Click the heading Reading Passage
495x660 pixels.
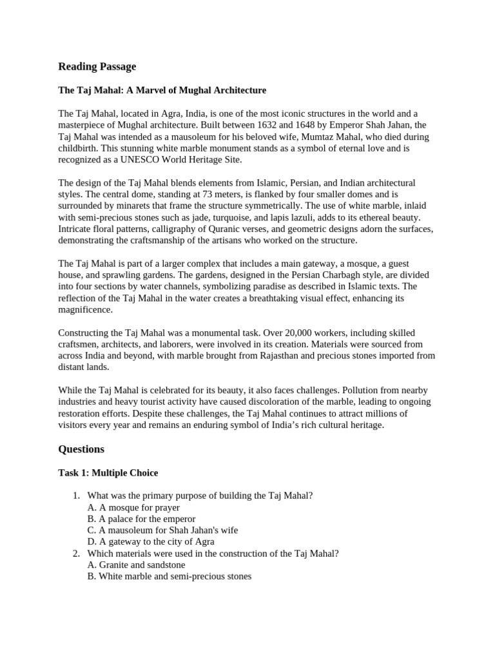click(97, 66)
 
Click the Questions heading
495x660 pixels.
click(81, 449)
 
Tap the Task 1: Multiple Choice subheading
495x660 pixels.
click(108, 473)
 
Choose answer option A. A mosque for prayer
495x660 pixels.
click(133, 507)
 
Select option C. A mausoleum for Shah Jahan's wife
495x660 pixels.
click(162, 530)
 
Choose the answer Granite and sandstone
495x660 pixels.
click(136, 565)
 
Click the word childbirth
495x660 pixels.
click(80, 148)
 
